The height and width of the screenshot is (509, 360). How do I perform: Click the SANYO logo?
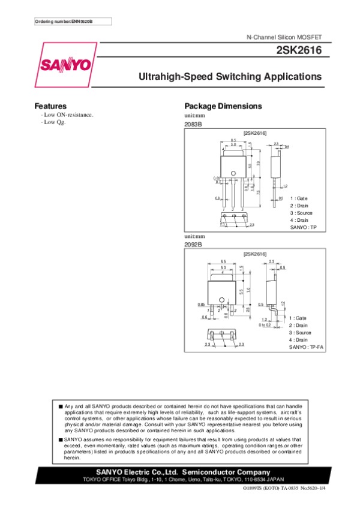click(65, 64)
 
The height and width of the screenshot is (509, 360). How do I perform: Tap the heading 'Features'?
click(50, 106)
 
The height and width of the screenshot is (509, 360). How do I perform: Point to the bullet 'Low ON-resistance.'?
click(67, 115)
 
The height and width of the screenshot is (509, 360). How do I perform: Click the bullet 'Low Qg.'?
click(53, 122)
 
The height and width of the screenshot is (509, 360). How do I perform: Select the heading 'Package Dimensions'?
click(223, 106)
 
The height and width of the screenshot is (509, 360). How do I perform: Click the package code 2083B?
click(193, 124)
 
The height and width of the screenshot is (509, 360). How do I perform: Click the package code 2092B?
click(193, 245)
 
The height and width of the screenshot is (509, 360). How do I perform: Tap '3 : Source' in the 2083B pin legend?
click(301, 213)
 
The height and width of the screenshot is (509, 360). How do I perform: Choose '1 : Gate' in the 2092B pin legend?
click(298, 318)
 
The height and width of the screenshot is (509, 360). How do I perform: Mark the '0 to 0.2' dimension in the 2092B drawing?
click(265, 324)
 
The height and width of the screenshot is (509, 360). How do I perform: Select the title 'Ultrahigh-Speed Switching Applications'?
click(230, 77)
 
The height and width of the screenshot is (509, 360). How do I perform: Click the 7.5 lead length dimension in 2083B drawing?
click(258, 191)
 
